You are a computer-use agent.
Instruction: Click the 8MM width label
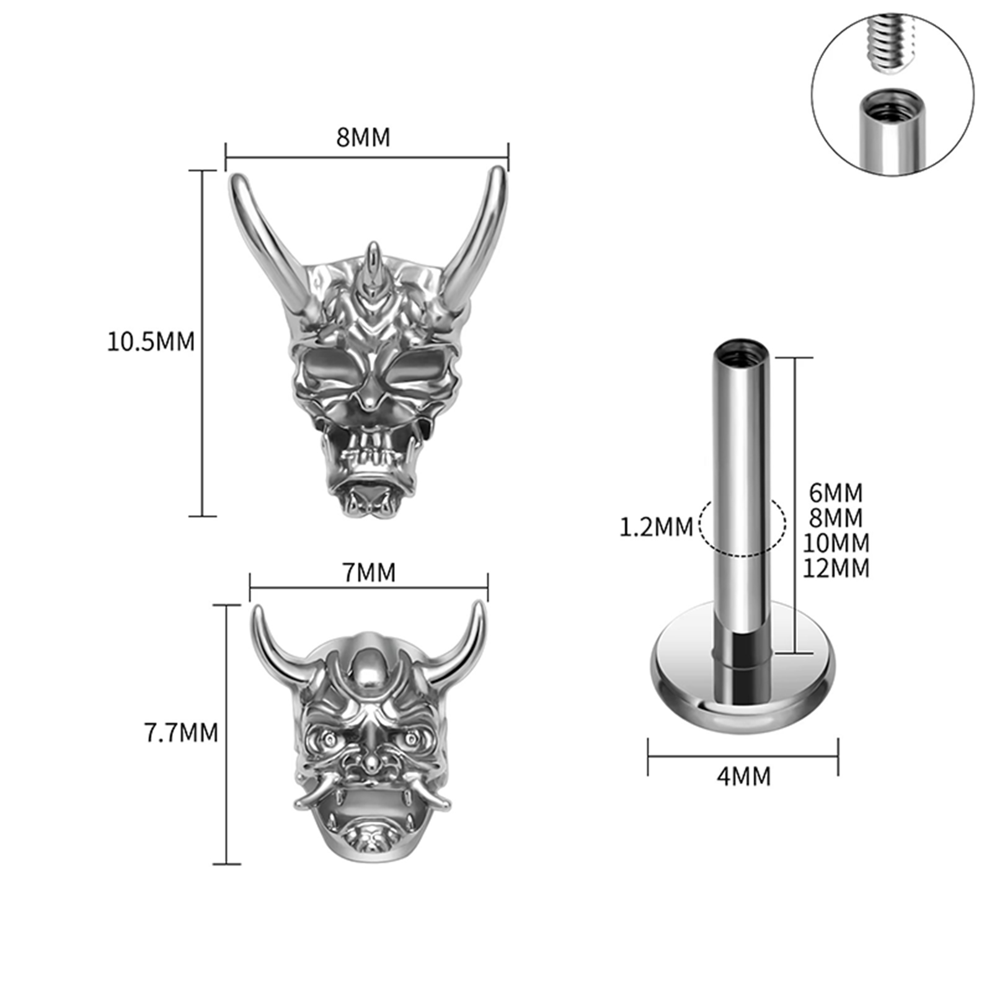[x=363, y=138]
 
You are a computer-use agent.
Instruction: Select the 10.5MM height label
[x=151, y=342]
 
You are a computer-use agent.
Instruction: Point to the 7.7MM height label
[x=181, y=733]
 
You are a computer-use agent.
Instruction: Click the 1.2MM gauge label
[x=656, y=527]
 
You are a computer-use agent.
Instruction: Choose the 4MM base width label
[x=743, y=776]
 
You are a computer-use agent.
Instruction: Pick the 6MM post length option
[x=836, y=493]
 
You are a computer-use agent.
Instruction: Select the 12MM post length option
[x=836, y=568]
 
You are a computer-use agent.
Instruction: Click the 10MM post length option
[x=836, y=543]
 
